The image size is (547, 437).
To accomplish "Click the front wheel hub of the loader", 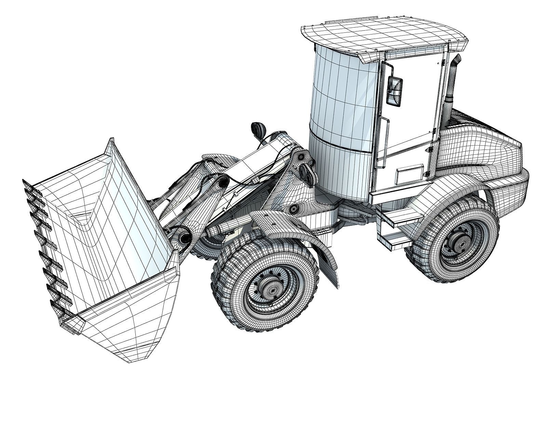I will (x=272, y=290).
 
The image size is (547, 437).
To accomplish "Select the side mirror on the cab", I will (x=394, y=91).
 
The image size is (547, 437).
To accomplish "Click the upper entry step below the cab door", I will (x=402, y=217).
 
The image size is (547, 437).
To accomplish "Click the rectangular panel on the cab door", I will (x=410, y=175).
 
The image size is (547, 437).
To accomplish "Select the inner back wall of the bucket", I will (x=113, y=218).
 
